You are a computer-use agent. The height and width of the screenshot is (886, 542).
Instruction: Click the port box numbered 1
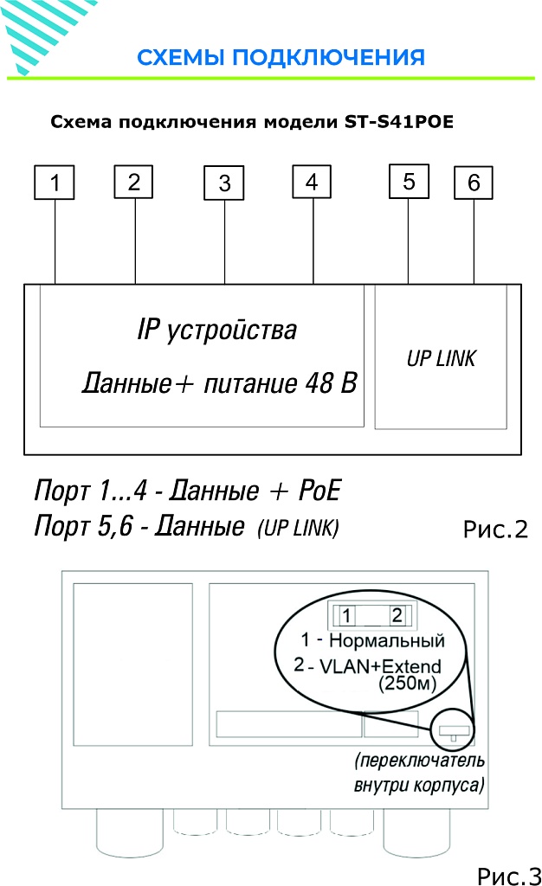(x=55, y=183)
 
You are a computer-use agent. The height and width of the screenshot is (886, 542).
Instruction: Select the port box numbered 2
(x=133, y=182)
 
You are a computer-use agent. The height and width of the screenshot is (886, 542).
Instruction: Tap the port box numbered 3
(x=224, y=183)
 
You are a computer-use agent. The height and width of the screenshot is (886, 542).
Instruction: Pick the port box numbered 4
(x=312, y=182)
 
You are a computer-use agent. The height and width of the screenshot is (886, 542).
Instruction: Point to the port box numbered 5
(x=409, y=182)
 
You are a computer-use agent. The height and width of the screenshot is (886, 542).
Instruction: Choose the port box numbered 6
(x=474, y=183)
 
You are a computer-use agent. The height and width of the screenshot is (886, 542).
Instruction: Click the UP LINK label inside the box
(x=441, y=358)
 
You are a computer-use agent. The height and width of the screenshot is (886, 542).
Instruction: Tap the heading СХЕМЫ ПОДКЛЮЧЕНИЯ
(x=281, y=58)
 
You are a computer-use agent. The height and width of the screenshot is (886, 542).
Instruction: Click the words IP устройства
(x=216, y=330)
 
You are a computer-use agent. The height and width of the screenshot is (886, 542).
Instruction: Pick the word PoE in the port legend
(x=318, y=491)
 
